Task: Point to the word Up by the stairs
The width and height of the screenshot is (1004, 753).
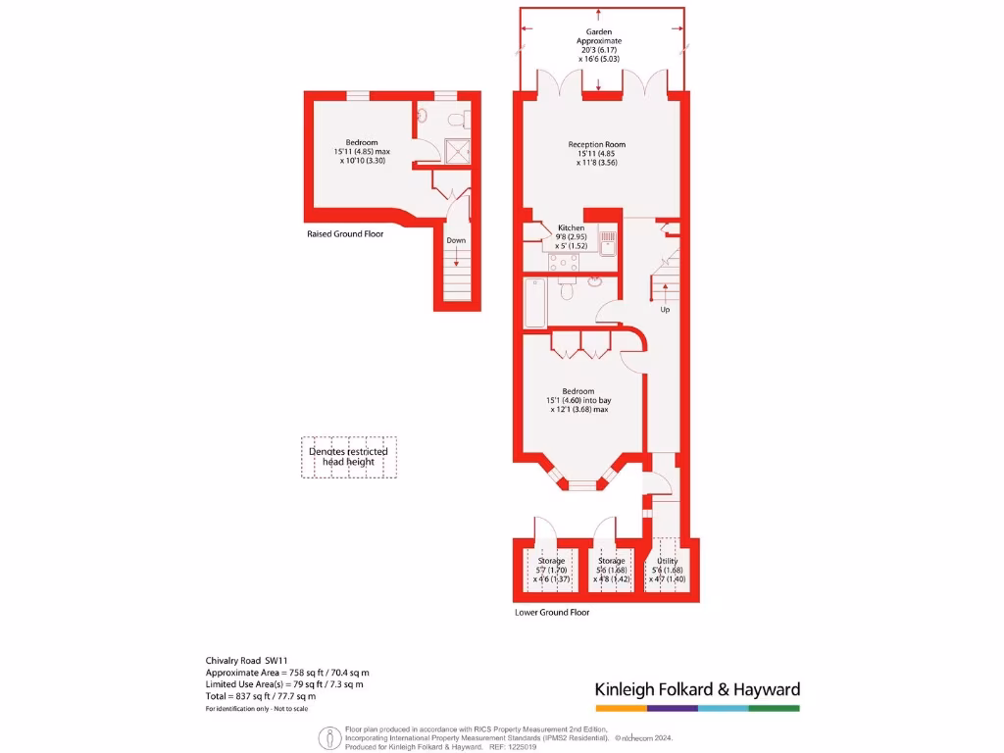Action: coord(665,310)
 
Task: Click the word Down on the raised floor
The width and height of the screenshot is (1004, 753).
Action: coord(456,240)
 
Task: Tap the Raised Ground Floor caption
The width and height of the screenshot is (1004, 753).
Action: coord(345,234)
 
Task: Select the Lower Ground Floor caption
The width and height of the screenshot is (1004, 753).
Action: coord(552,613)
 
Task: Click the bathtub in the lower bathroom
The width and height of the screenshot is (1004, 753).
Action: coord(534,303)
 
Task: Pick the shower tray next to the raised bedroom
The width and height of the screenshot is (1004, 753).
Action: coord(456,151)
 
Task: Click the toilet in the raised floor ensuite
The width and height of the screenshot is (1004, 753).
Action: coord(455,119)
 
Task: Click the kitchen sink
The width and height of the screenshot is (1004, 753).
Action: coord(607,243)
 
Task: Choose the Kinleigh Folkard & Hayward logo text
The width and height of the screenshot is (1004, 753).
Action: coord(697,689)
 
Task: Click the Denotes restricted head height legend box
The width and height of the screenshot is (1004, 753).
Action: coord(349,457)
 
